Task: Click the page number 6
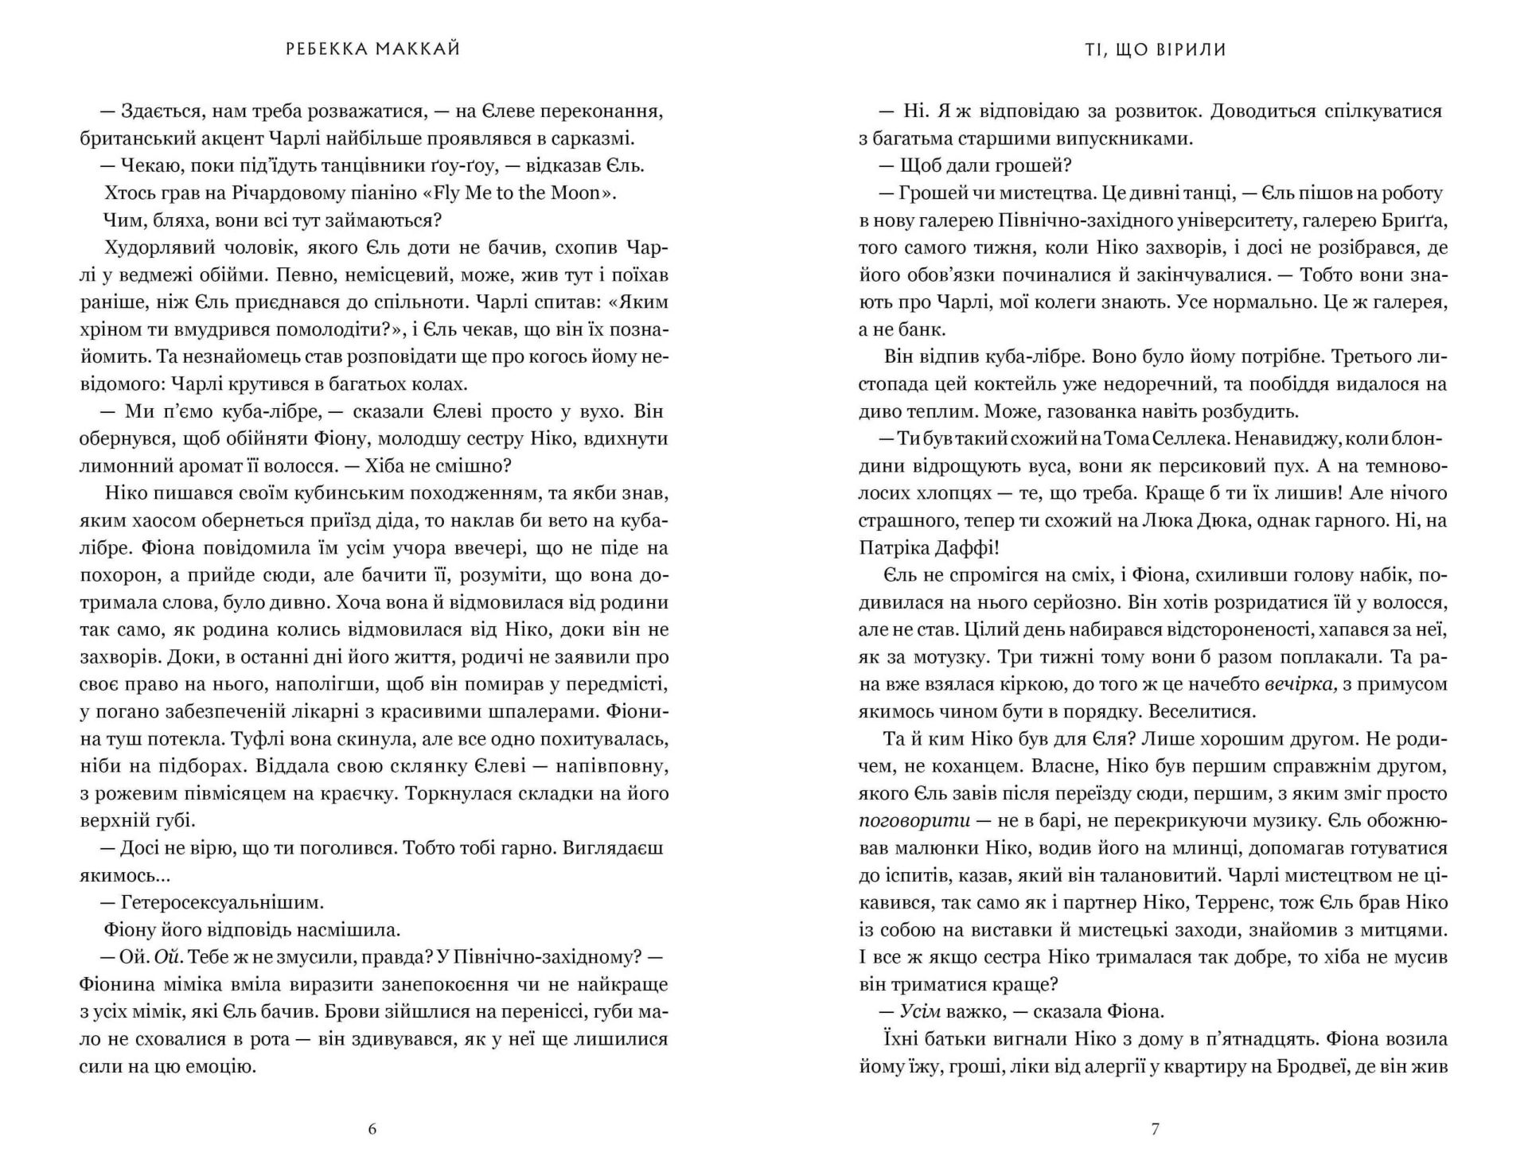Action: pyautogui.click(x=372, y=1128)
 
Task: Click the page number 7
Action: pyautogui.click(x=1156, y=1128)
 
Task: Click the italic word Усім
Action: pyautogui.click(x=920, y=1011)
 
